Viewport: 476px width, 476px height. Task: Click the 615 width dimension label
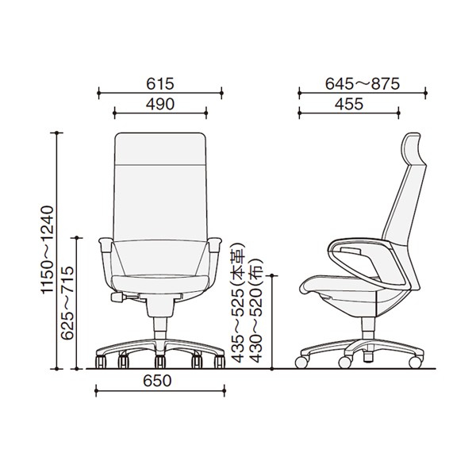pos(160,84)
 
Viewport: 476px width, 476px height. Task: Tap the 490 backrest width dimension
pos(160,104)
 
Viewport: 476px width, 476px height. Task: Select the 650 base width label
pos(157,381)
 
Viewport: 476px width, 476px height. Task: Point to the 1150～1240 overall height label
pos(48,250)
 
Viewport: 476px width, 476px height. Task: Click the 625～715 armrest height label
pos(67,303)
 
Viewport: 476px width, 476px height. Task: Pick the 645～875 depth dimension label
pos(363,84)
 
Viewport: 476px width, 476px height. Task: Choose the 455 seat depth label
pos(349,104)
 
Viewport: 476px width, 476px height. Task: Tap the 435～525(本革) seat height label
pos(238,303)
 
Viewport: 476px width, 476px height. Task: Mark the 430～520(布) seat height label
pos(255,310)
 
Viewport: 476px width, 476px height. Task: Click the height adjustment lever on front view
pos(117,297)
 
